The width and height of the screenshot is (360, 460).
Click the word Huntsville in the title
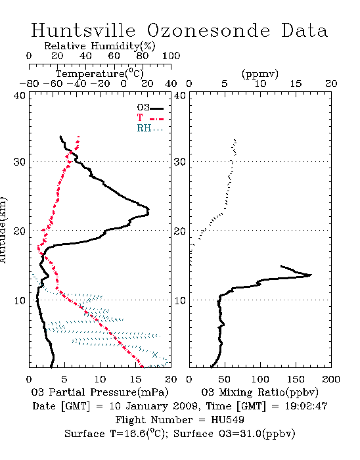83,30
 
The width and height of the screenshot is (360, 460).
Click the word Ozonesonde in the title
208,30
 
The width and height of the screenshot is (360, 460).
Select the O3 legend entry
150,108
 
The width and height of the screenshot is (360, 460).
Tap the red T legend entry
150,118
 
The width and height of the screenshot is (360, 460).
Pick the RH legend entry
150,128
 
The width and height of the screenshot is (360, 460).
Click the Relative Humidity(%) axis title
100,46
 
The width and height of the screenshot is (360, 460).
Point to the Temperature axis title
100,74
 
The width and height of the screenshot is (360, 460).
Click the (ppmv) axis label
260,74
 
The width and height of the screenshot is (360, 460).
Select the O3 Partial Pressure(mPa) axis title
100,392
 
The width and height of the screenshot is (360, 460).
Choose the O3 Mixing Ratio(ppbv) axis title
259,392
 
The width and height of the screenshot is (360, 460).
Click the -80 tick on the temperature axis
30,84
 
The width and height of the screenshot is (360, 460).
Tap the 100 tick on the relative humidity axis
171,56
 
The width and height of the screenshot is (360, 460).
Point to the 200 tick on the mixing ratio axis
331,379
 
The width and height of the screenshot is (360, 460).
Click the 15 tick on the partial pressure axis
135,379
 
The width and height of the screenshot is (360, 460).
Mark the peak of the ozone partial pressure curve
148,210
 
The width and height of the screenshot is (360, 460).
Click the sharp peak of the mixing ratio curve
311,275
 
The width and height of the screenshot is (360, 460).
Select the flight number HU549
227,420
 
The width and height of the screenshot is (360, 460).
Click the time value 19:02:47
306,406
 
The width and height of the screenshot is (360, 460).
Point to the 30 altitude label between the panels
179,162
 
